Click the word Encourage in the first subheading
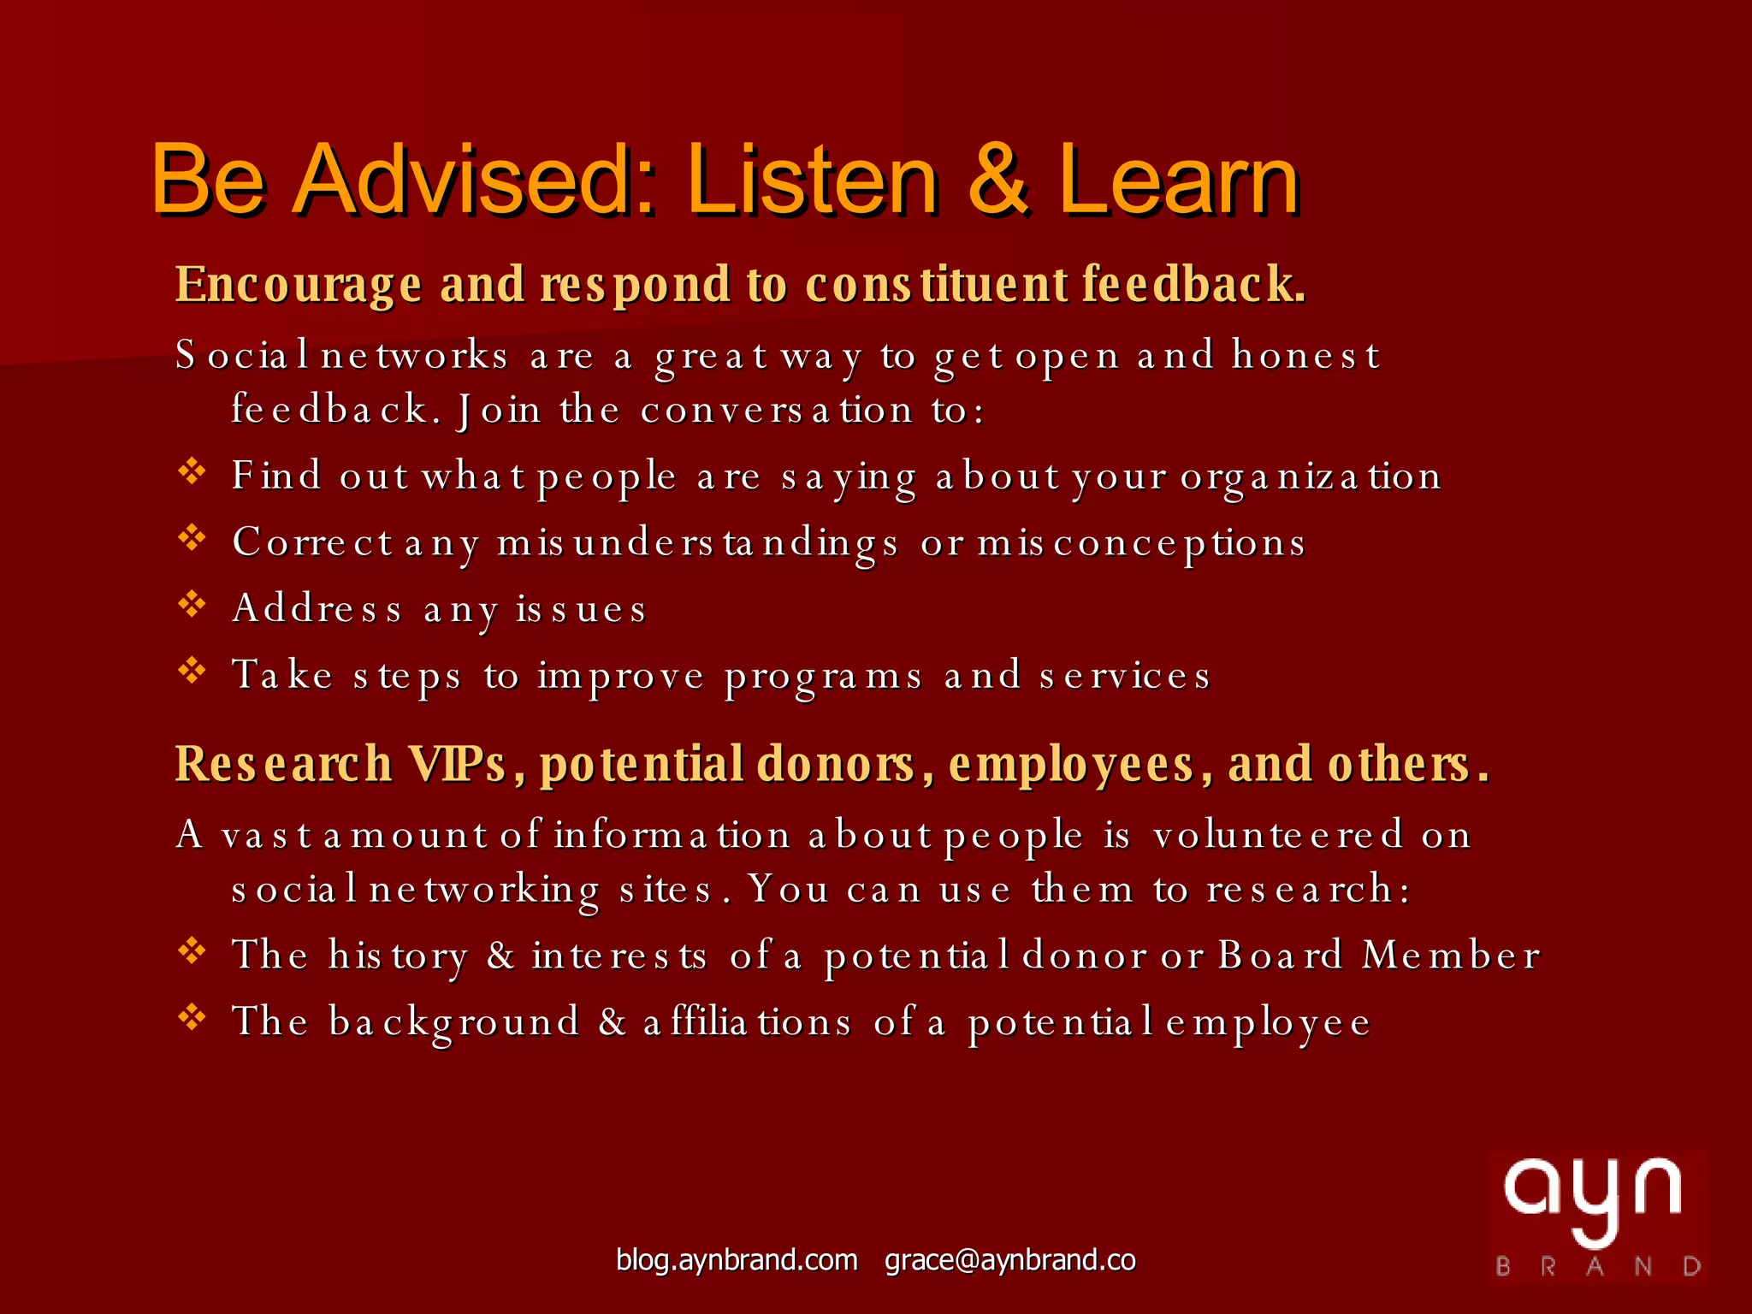tap(299, 285)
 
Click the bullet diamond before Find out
tap(192, 471)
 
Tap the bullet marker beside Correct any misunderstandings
tap(192, 538)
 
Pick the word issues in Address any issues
tap(581, 609)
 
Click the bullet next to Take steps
tap(192, 671)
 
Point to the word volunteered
tap(1278, 835)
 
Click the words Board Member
tap(1378, 955)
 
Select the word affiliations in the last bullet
tap(747, 1022)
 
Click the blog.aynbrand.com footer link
tap(737, 1260)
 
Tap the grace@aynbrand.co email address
tap(1010, 1260)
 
